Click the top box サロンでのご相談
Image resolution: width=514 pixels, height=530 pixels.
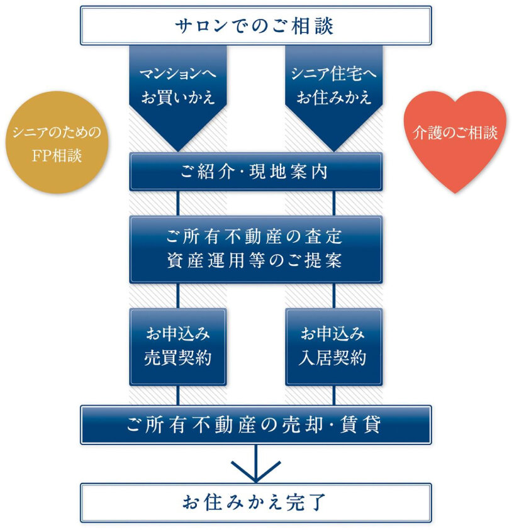(255, 26)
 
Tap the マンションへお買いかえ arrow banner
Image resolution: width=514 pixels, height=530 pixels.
(177, 88)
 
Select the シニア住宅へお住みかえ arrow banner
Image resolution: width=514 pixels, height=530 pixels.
(333, 88)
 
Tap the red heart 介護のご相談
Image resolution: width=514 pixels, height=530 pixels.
(454, 136)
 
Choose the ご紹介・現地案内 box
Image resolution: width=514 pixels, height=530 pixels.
(255, 172)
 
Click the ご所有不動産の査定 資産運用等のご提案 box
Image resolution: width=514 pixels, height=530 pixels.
(255, 249)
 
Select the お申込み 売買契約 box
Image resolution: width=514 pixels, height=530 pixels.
(177, 346)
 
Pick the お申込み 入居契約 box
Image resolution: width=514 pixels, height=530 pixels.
(333, 346)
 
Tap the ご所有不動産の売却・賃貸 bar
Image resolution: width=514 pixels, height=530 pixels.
(255, 425)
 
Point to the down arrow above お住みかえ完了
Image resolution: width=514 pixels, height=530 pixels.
(255, 465)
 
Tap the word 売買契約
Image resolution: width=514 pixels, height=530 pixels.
(177, 358)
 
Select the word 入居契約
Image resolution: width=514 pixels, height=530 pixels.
(333, 358)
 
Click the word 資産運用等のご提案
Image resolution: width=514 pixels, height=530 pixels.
(255, 260)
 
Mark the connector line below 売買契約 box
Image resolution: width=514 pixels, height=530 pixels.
(178, 395)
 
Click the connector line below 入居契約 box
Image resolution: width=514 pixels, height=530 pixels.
(333, 395)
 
